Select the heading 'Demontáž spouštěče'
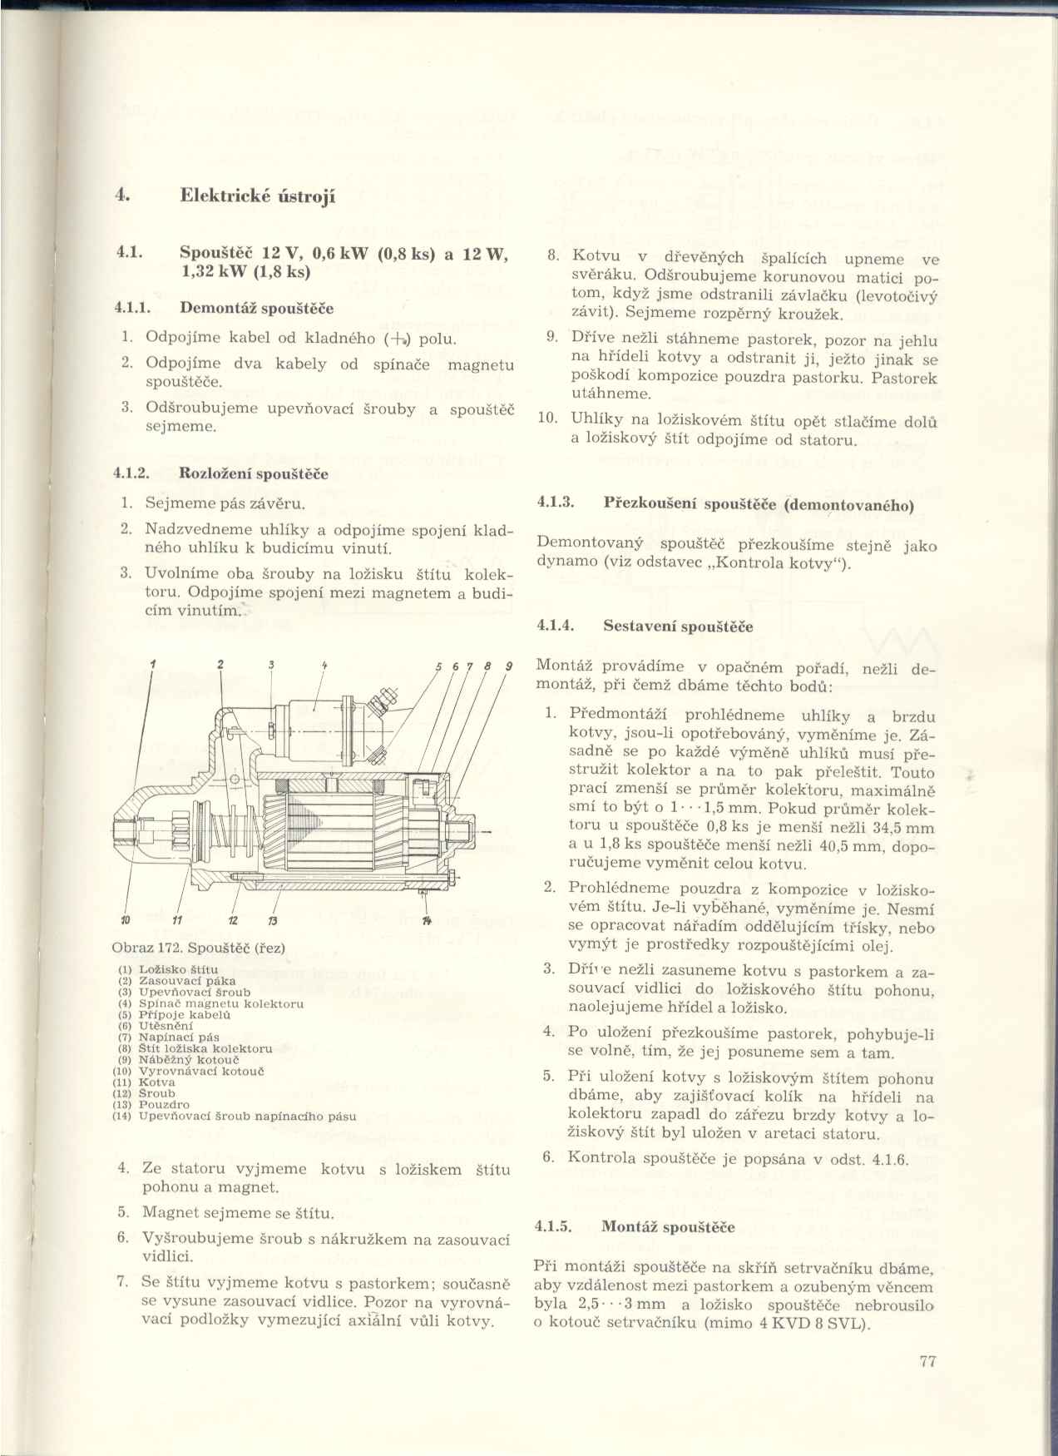click(x=256, y=309)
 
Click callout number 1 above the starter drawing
click(x=153, y=663)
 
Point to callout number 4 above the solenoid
click(x=324, y=664)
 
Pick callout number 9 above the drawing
click(x=508, y=665)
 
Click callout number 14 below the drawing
click(x=427, y=920)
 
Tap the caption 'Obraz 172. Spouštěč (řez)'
click(x=199, y=948)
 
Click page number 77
click(x=929, y=1362)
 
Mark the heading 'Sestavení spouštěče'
click(x=678, y=626)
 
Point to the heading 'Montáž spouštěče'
click(x=668, y=1227)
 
